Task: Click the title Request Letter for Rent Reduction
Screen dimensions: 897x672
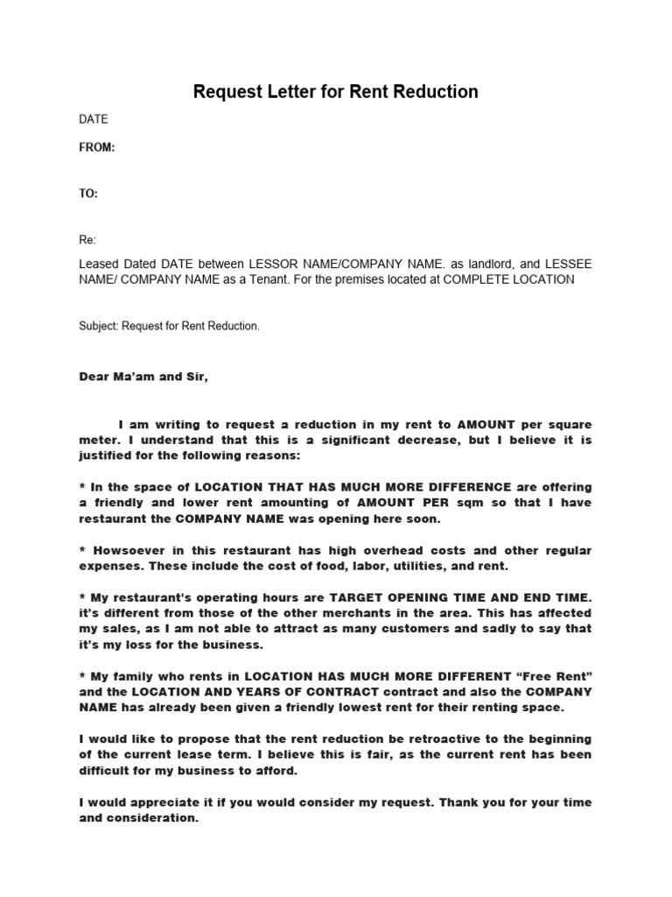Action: point(335,91)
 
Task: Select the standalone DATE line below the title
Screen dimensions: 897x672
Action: point(94,119)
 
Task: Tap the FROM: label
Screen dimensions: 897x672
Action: point(97,148)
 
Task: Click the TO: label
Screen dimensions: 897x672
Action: point(88,194)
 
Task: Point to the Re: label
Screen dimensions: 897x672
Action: point(87,240)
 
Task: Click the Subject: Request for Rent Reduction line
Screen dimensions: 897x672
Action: point(170,326)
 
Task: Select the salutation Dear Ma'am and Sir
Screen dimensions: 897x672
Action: point(144,378)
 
